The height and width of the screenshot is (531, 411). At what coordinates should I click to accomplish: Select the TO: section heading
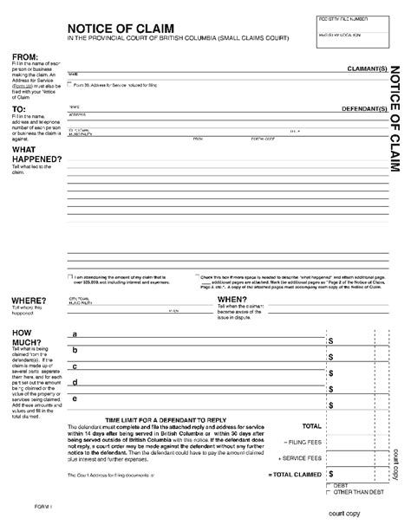click(19, 109)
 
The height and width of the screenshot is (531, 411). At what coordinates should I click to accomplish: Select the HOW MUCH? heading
click(24, 338)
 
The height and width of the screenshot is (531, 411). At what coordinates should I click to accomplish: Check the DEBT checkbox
click(328, 486)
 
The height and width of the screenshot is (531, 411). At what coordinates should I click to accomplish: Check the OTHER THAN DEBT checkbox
click(328, 493)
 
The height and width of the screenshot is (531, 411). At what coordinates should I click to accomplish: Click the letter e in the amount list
click(75, 399)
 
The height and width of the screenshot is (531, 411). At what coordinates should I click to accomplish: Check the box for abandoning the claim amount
click(69, 277)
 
